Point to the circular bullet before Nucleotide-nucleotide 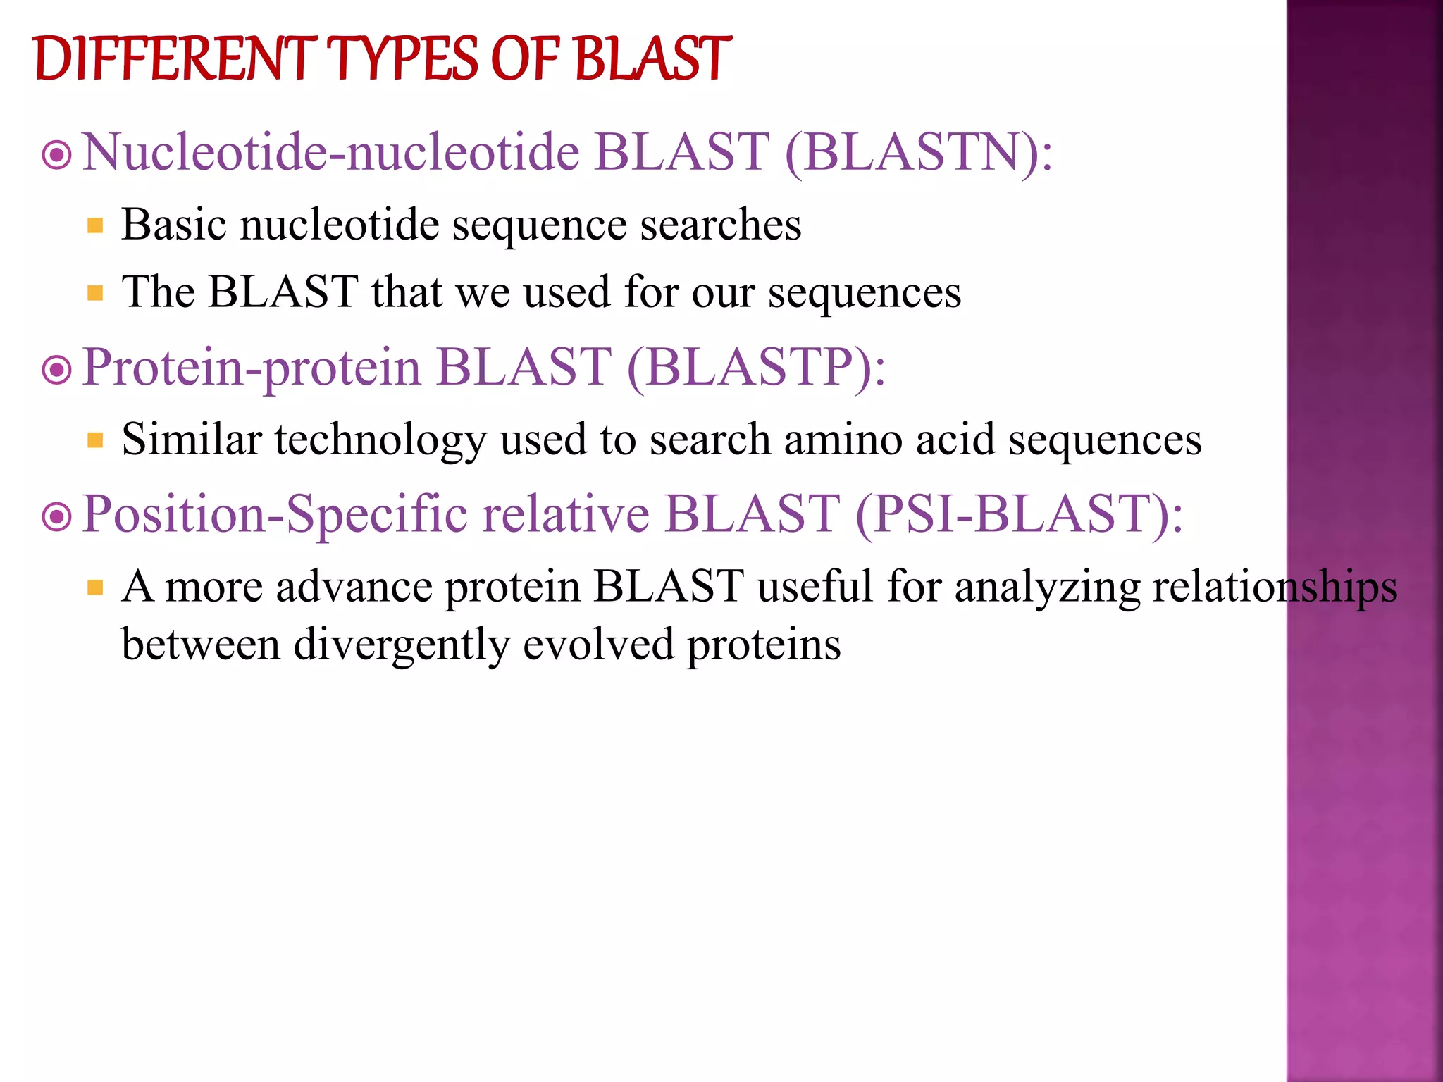click(x=57, y=155)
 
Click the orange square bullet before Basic click(x=96, y=226)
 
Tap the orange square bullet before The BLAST click(x=96, y=293)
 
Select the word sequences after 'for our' click(x=865, y=293)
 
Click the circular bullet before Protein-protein click(x=57, y=370)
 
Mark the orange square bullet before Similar click(x=96, y=441)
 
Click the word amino click(x=843, y=440)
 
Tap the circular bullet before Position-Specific click(x=57, y=517)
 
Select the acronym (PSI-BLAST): click(x=1020, y=514)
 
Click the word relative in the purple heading click(x=566, y=514)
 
